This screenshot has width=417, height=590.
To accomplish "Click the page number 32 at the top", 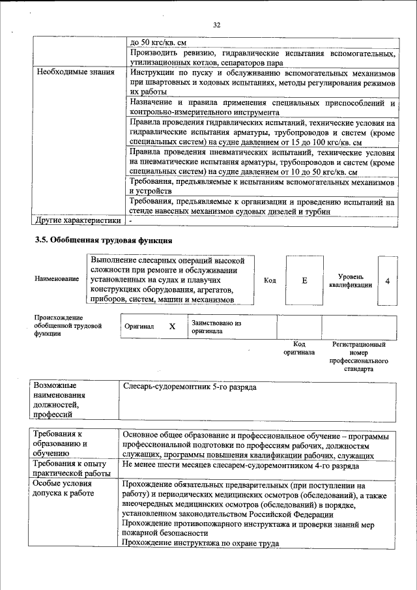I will click(x=217, y=25).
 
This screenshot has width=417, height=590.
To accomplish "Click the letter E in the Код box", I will click(x=304, y=280).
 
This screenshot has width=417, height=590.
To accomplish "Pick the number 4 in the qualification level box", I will click(x=388, y=280).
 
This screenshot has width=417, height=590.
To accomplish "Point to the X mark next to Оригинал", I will click(x=172, y=327).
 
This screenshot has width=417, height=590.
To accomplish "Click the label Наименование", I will click(x=57, y=279).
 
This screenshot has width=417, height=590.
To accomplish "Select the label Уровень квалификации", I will click(x=351, y=280).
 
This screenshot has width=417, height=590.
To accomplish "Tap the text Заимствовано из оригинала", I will click(x=216, y=327).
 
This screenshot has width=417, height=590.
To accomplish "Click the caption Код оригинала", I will click(x=299, y=347).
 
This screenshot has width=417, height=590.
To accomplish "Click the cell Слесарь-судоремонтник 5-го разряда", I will click(x=189, y=387).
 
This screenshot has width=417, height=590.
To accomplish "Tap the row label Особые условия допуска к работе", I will click(x=63, y=488).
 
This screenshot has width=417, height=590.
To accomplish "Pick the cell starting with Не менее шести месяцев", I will click(x=240, y=467).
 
